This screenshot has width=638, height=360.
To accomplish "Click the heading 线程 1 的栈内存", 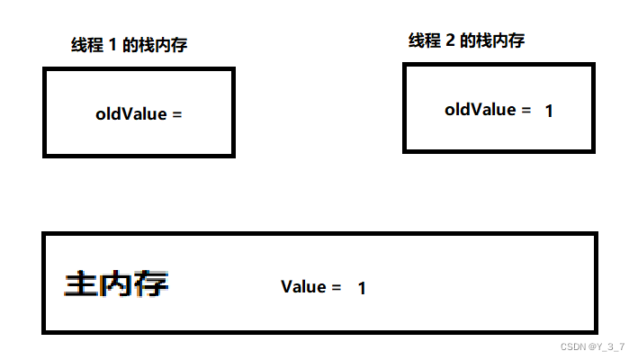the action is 130,45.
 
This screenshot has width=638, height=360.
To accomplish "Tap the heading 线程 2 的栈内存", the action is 467,40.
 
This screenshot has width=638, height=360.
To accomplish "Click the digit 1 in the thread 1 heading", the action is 113,45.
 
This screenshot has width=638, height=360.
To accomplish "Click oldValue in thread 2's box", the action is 481,110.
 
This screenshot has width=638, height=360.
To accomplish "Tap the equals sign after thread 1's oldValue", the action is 176,115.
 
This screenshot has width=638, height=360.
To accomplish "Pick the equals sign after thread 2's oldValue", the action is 526,110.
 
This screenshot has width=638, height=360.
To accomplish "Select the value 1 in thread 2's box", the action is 549,111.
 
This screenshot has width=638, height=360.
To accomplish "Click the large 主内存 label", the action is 116,284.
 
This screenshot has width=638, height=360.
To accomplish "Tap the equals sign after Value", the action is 336,287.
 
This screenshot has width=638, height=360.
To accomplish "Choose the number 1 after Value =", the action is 362,288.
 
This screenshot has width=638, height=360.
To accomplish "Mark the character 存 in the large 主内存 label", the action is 151,284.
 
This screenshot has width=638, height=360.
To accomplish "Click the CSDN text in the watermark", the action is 573,346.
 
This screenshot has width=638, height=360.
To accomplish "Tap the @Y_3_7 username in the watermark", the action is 607,346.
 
